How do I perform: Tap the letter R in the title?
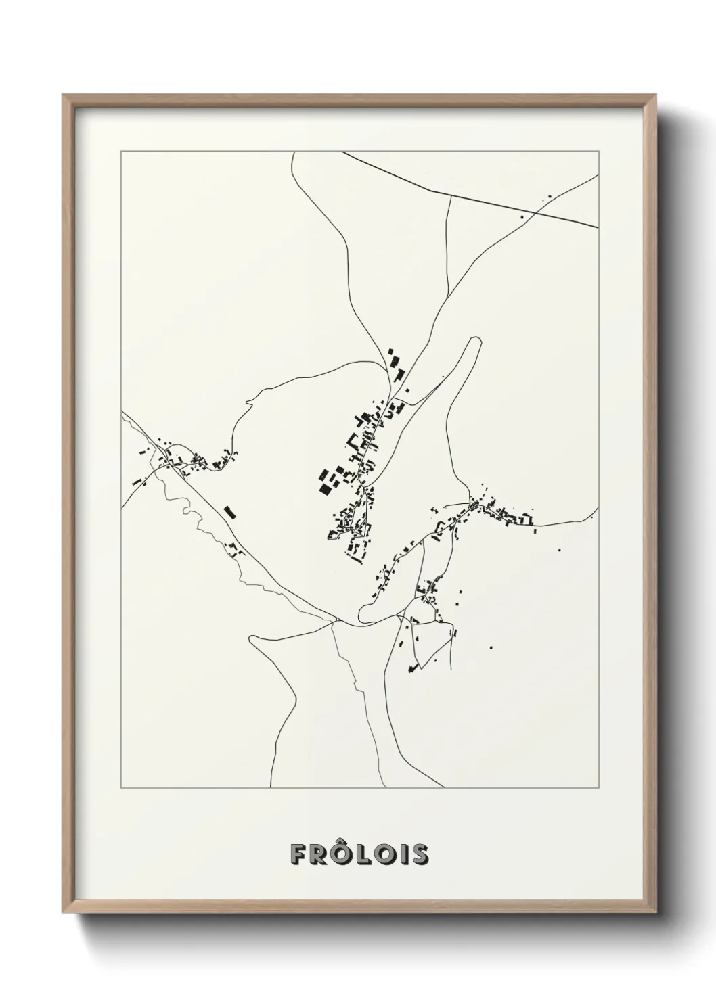[318, 854]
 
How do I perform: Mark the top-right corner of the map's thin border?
[598, 152]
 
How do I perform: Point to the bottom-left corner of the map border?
[121, 788]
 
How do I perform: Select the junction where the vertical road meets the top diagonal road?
[450, 195]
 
